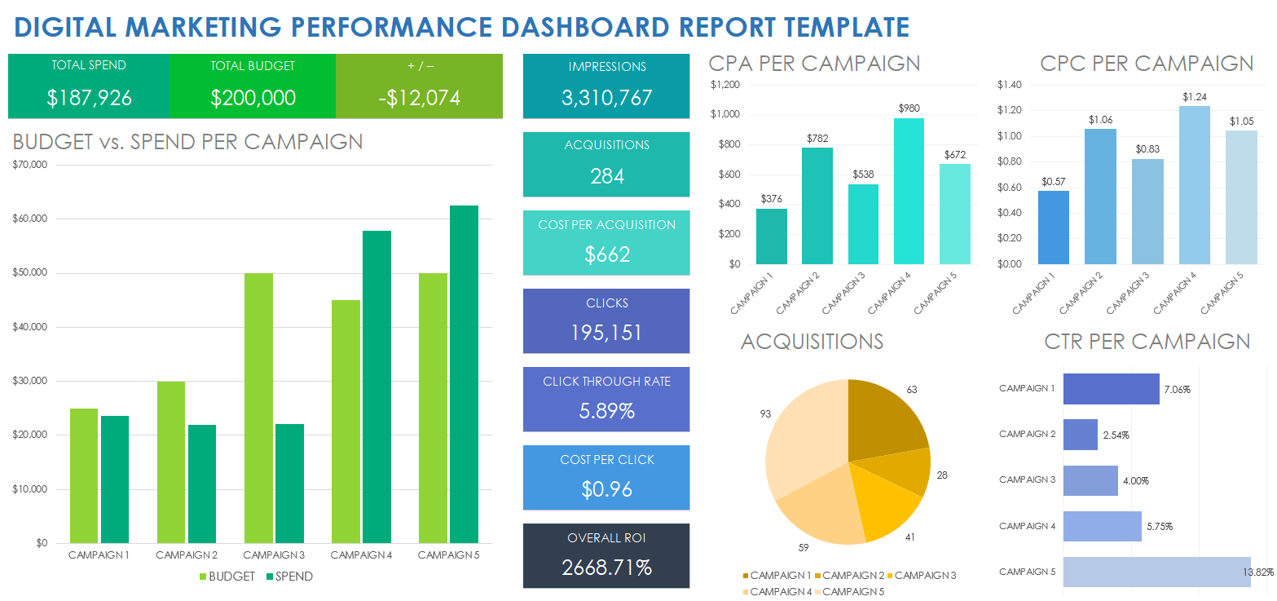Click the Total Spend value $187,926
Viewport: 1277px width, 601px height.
(x=89, y=99)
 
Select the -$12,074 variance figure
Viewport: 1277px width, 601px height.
(x=419, y=99)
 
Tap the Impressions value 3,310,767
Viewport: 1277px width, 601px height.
(x=607, y=99)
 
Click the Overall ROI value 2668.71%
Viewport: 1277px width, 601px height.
(x=607, y=568)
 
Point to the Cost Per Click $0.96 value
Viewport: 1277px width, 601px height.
(x=607, y=489)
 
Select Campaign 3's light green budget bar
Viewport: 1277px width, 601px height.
(x=258, y=408)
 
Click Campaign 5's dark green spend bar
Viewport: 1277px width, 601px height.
(x=464, y=375)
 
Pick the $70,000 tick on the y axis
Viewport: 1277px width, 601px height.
(x=31, y=165)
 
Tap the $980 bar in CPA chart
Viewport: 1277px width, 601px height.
(x=909, y=192)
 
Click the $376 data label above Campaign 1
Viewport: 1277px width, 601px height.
(x=771, y=198)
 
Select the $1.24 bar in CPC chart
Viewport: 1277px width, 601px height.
(x=1194, y=185)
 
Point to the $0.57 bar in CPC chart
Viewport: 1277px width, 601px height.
(x=1054, y=228)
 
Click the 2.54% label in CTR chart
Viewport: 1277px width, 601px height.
(x=1116, y=435)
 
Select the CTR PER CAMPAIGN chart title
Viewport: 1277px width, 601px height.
(x=1147, y=342)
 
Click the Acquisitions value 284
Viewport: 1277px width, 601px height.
(x=607, y=176)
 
